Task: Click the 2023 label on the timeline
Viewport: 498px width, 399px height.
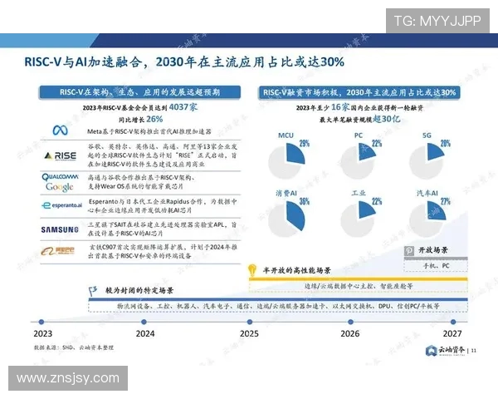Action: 43,333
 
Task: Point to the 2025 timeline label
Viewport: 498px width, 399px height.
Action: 248,333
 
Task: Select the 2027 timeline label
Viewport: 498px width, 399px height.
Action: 452,333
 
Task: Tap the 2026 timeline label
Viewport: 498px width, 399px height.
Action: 350,333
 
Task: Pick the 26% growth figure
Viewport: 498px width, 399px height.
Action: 154,118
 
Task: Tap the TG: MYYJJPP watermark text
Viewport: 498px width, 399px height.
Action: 435,20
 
